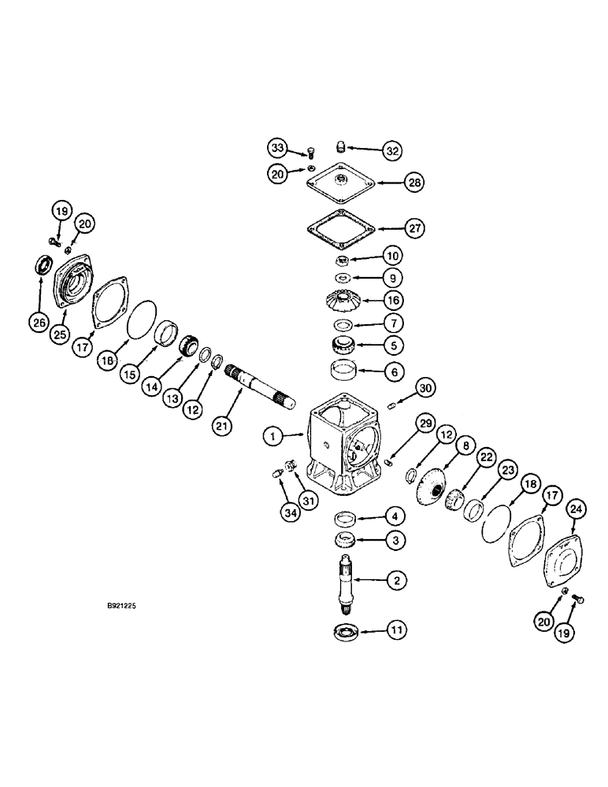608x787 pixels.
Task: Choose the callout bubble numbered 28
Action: tap(414, 183)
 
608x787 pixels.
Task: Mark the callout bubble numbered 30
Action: tap(424, 388)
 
